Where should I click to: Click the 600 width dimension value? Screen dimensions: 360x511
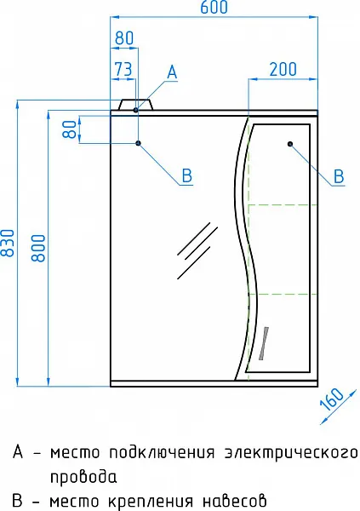tap(214, 7)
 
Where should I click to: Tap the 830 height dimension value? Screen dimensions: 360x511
tap(8, 243)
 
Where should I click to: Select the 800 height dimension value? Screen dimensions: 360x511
tap(38, 248)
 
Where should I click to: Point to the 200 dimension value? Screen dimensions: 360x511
tap(283, 69)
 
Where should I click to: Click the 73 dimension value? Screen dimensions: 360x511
tap(123, 69)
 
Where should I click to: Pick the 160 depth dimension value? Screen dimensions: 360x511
tap(332, 399)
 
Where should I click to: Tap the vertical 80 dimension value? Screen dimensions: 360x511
tap(70, 129)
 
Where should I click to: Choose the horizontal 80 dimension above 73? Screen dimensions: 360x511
tap(124, 37)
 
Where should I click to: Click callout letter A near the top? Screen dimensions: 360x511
tap(172, 72)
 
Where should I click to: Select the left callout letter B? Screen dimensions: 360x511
tap(187, 175)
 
